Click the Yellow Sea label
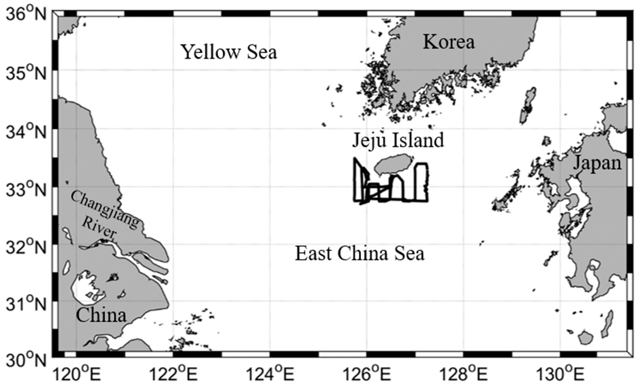click(229, 52)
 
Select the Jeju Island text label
click(398, 140)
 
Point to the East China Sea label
click(360, 254)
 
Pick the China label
click(101, 315)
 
